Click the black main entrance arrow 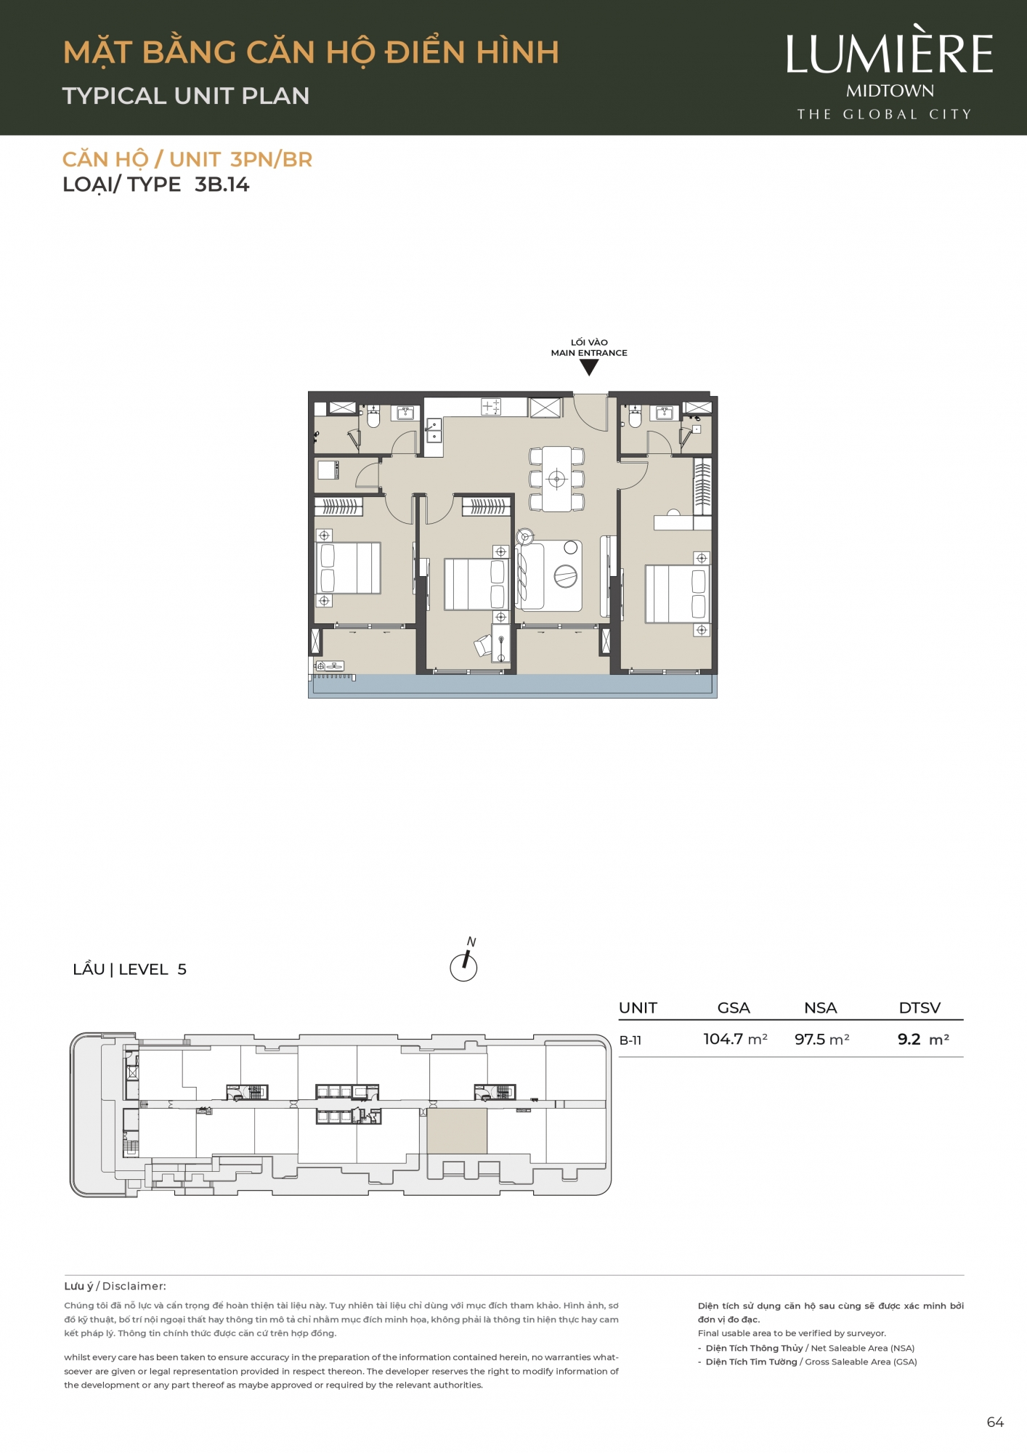click(589, 367)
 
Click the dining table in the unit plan click(557, 479)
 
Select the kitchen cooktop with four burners click(492, 407)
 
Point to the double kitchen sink click(434, 430)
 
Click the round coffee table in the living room click(566, 577)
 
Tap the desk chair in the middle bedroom click(482, 645)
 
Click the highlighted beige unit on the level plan click(457, 1130)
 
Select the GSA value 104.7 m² click(735, 1039)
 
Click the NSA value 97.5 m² click(821, 1039)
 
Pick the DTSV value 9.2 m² click(923, 1039)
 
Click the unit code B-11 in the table click(630, 1040)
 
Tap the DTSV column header click(920, 1008)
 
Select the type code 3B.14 click(222, 185)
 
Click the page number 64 click(995, 1422)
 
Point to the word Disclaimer click(134, 1286)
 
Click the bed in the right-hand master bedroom click(677, 594)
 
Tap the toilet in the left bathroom click(373, 417)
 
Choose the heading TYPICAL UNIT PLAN click(186, 96)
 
